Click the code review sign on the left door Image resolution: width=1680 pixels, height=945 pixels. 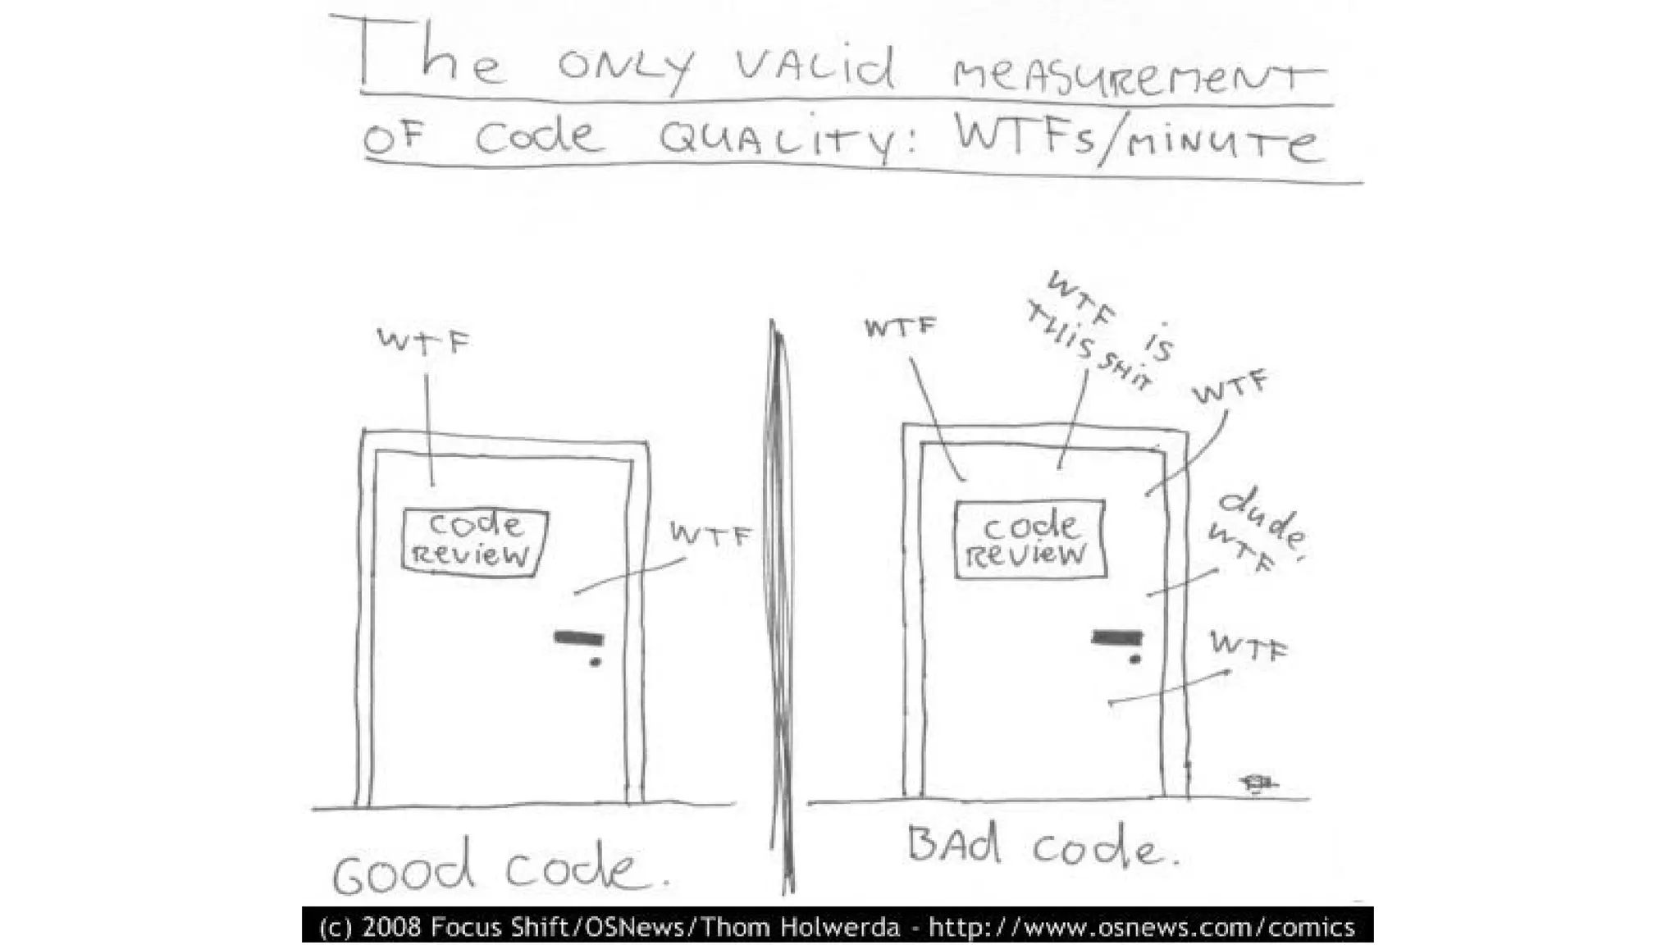coord(475,541)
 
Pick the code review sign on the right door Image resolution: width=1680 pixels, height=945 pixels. coord(1030,540)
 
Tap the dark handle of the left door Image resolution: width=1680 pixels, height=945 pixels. coord(579,638)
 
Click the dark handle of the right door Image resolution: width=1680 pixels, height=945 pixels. coord(1116,637)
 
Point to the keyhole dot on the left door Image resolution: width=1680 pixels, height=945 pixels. coord(596,662)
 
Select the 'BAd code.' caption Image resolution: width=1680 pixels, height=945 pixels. coord(1042,847)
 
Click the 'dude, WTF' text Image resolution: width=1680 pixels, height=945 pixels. coord(1255,529)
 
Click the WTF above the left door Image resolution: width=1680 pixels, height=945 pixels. coord(423,340)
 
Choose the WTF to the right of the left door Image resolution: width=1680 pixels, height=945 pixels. coord(710,534)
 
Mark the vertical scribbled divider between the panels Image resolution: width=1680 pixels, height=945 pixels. coord(780,607)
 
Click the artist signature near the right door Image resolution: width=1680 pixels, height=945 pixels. coord(1258,784)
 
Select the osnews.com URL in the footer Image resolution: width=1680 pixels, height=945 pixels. coord(1141,927)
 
